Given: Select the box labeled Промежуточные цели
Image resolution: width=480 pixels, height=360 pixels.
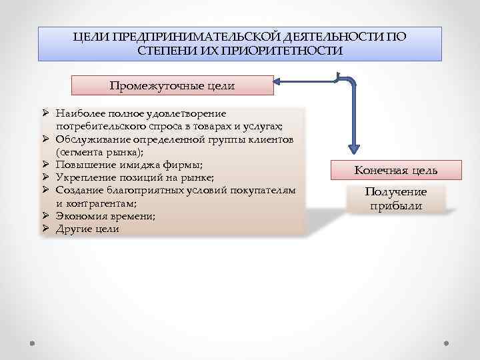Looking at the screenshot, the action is (x=172, y=85).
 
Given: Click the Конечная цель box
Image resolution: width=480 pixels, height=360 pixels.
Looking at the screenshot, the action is (x=396, y=171).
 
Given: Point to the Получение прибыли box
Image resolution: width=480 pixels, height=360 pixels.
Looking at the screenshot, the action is (x=396, y=199).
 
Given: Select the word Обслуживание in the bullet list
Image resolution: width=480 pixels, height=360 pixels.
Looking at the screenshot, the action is (x=90, y=139).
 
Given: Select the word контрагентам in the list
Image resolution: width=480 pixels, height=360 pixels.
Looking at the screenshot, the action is (x=102, y=203).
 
